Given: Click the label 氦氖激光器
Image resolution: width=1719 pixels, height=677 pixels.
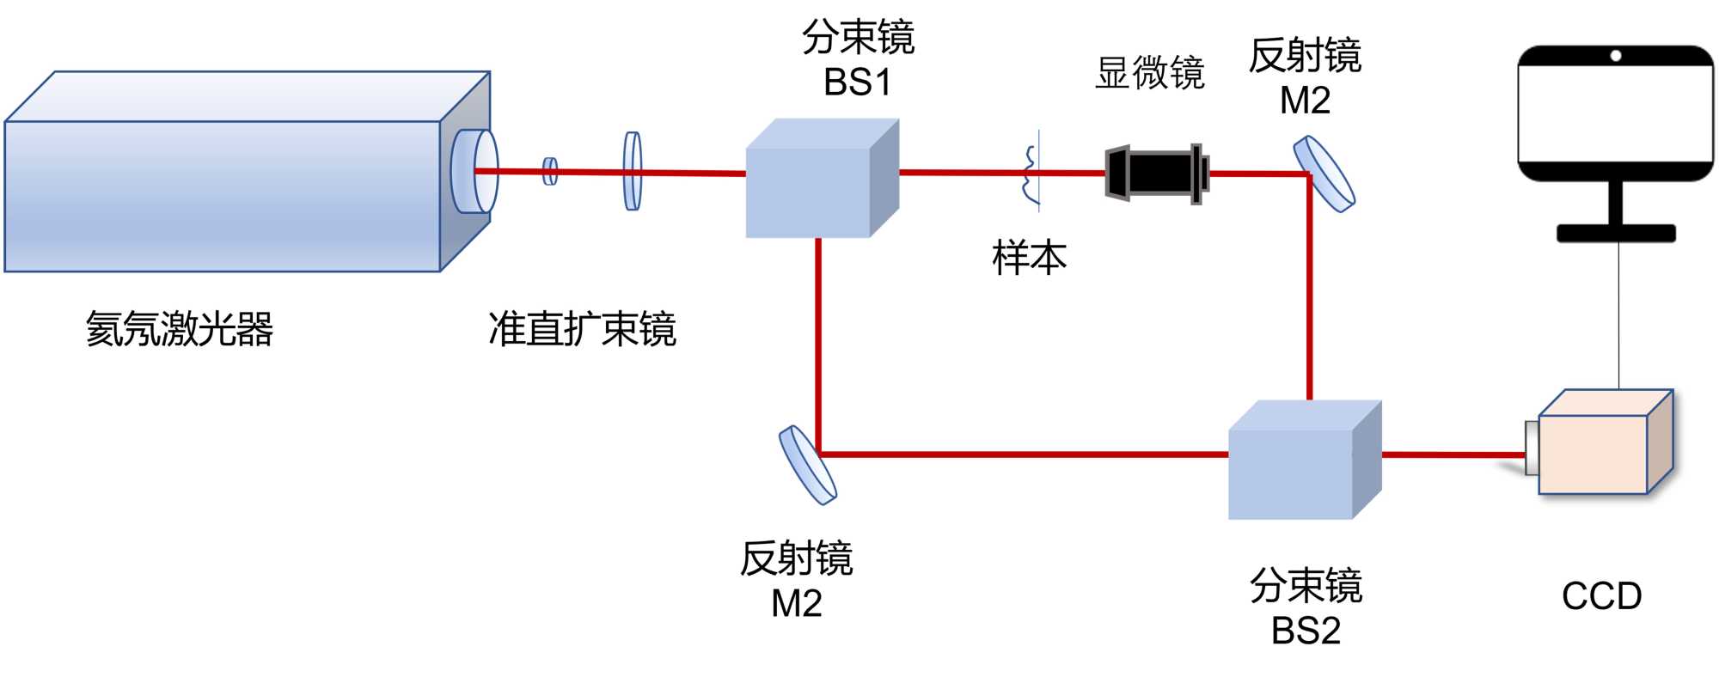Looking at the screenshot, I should pyautogui.click(x=179, y=329).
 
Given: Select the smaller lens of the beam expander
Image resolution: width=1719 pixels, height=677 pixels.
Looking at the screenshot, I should pyautogui.click(x=550, y=171).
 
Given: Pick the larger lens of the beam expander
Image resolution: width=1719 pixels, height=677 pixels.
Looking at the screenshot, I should pyautogui.click(x=633, y=170).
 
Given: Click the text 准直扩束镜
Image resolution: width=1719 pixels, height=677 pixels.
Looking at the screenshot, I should pyautogui.click(x=582, y=329).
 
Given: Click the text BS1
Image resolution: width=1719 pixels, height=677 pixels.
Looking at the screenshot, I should pyautogui.click(x=857, y=82).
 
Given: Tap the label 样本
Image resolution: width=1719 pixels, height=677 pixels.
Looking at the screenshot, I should pyautogui.click(x=1029, y=258).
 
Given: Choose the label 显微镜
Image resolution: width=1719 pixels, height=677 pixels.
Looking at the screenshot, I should pyautogui.click(x=1150, y=73).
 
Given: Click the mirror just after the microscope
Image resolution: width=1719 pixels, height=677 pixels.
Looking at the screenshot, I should pyautogui.click(x=1324, y=173).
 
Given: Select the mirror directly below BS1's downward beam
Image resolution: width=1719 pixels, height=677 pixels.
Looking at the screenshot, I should pyautogui.click(x=808, y=464).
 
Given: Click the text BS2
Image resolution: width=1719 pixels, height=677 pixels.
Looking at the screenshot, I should pyautogui.click(x=1306, y=631).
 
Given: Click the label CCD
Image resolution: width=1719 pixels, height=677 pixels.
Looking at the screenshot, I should pyautogui.click(x=1601, y=596).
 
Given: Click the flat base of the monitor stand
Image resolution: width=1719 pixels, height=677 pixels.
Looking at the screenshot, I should pyautogui.click(x=1616, y=233).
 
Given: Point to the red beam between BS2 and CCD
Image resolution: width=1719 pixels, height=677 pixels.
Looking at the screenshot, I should pyautogui.click(x=1453, y=454).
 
